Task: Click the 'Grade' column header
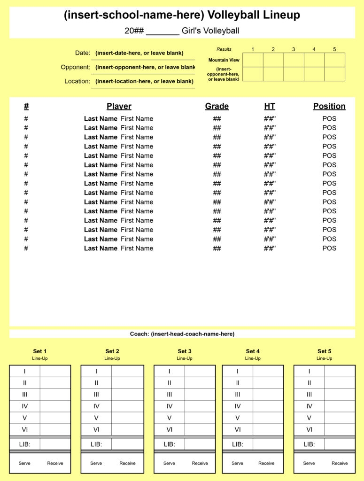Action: pyautogui.click(x=217, y=106)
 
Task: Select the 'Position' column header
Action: pyautogui.click(x=329, y=106)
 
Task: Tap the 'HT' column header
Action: pyautogui.click(x=270, y=106)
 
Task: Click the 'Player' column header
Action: pyautogui.click(x=119, y=106)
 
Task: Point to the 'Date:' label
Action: pyautogui.click(x=82, y=53)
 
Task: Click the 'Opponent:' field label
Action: pyautogui.click(x=75, y=67)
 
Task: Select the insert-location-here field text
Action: pyautogui.click(x=144, y=81)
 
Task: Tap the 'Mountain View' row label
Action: pyautogui.click(x=224, y=60)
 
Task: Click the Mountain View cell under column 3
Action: pyautogui.click(x=294, y=60)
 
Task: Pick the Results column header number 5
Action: pyautogui.click(x=334, y=49)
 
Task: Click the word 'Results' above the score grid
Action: pyautogui.click(x=224, y=49)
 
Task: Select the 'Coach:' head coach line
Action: pyautogui.click(x=182, y=334)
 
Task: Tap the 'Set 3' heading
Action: pyautogui.click(x=185, y=351)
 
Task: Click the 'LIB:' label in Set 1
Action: pyautogui.click(x=24, y=444)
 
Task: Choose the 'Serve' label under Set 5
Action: pyautogui.click(x=309, y=463)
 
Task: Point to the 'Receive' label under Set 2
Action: pyautogui.click(x=127, y=463)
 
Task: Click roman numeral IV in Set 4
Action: pyautogui.click(x=238, y=406)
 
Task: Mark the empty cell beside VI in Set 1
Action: pyautogui.click(x=55, y=429)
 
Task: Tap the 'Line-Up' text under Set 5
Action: pyautogui.click(x=324, y=358)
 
